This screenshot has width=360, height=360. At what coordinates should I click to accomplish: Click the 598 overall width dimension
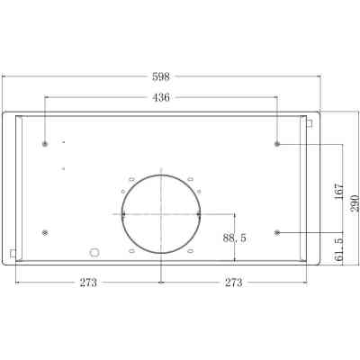(161, 77)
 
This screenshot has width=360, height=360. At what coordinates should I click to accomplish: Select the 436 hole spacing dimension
(161, 96)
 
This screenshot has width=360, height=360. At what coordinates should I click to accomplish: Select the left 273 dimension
(87, 283)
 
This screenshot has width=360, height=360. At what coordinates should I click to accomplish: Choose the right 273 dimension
(234, 283)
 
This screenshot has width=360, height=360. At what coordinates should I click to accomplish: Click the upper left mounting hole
(45, 144)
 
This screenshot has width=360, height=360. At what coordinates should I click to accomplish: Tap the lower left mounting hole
(45, 233)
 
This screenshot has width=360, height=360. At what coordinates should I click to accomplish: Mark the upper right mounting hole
(277, 144)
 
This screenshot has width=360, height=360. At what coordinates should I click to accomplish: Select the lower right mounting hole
(277, 233)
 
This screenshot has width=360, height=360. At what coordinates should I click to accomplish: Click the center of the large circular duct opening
(161, 214)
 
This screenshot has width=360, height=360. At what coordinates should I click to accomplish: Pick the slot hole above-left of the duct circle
(131, 177)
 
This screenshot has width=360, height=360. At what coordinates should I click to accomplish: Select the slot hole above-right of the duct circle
(192, 177)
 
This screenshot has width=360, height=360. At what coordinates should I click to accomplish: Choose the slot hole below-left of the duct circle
(131, 251)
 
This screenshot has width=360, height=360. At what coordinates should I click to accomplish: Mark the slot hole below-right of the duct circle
(192, 251)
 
